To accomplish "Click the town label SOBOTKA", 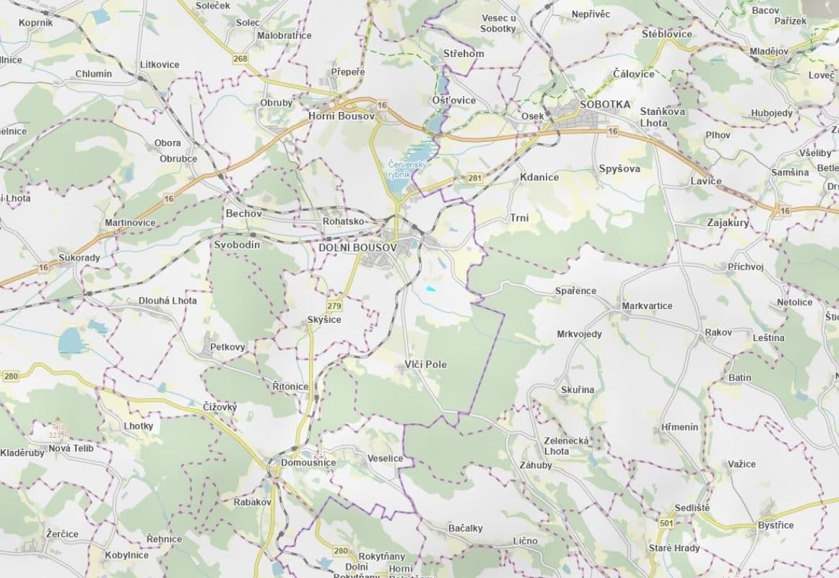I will point(605,105).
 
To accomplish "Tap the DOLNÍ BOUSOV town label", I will point(357,248).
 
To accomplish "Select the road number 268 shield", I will point(240,59).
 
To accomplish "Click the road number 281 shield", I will point(474,178).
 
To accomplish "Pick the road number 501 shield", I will point(666,522).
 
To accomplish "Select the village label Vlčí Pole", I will point(425,365).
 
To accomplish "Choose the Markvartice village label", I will point(647,306).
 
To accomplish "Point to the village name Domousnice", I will point(308,462).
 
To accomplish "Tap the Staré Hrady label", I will point(674,548).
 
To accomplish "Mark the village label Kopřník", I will point(36,23).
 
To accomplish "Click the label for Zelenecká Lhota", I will point(567,446).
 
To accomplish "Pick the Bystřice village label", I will point(775,525).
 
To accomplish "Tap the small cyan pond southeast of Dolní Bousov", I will point(431,290).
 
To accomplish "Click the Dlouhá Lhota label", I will point(168,301).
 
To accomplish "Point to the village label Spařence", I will point(575,291).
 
